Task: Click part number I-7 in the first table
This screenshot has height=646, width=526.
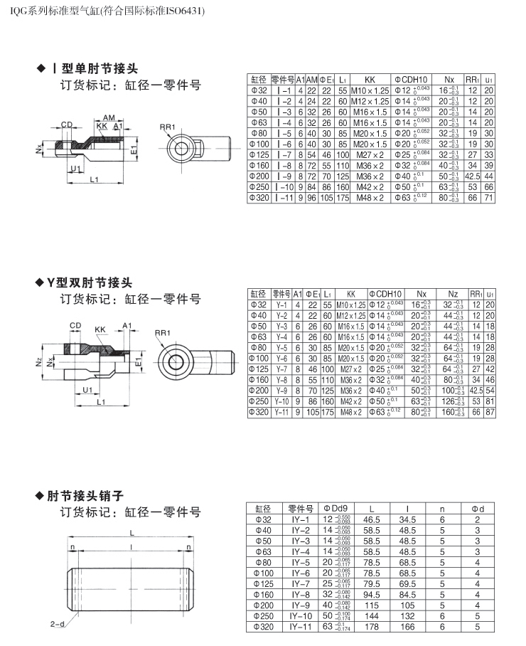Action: [x=284, y=154]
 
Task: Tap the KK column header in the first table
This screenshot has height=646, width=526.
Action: [x=369, y=80]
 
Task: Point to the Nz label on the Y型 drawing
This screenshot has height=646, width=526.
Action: [x=38, y=361]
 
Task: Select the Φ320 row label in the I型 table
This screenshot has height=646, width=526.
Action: [x=258, y=196]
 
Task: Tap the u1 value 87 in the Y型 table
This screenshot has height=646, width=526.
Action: [x=489, y=412]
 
